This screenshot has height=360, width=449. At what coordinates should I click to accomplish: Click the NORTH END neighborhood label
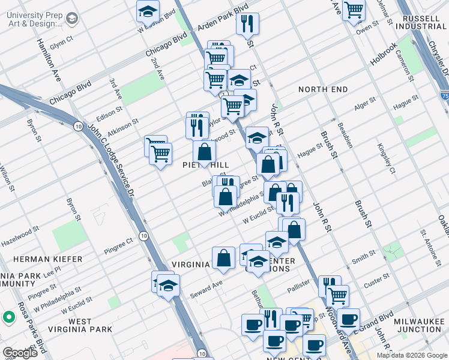323,89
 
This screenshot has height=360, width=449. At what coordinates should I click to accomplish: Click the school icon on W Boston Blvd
147,11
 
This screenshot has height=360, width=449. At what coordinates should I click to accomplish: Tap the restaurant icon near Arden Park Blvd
247,23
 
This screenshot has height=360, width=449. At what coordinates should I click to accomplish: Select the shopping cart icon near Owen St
354,9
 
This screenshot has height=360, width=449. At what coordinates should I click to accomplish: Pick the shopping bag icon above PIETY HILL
204,151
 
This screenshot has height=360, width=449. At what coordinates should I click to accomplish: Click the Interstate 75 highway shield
444,95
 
